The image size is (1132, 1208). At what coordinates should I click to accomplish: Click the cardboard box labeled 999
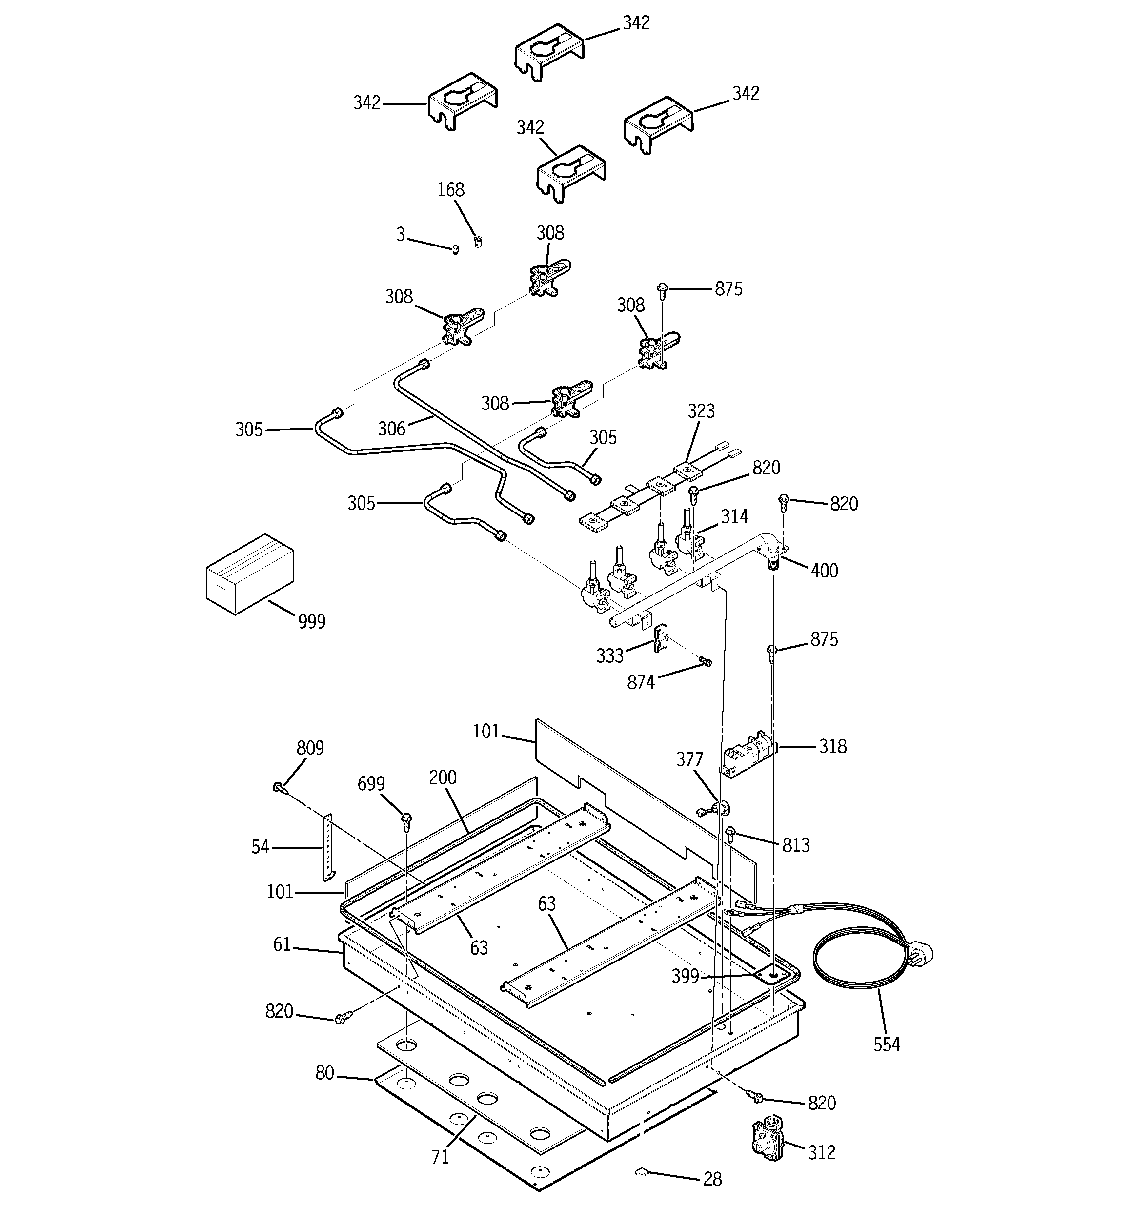tap(250, 573)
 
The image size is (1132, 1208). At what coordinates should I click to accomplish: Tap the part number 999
tap(312, 622)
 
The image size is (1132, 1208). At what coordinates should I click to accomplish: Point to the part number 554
tap(887, 1044)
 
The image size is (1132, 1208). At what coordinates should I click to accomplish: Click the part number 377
tap(689, 759)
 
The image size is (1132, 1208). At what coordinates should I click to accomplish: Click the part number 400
tap(824, 571)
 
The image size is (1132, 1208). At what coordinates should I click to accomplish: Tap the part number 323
tap(701, 411)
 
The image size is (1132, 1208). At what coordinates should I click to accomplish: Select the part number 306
tap(391, 429)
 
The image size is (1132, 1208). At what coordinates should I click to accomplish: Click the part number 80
tap(325, 1074)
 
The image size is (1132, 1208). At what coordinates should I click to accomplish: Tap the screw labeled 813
tap(731, 833)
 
